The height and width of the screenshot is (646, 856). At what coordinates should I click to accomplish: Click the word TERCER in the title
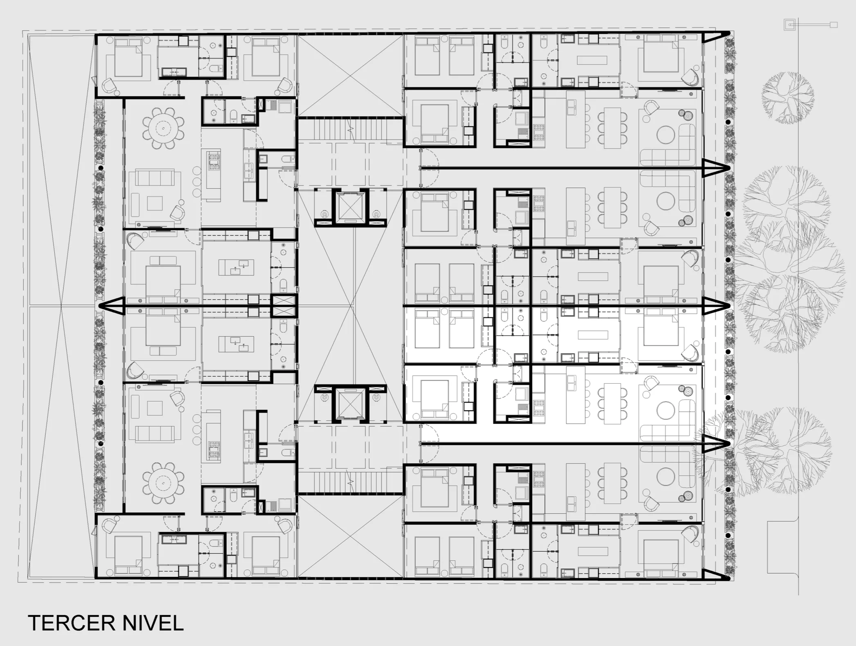71,623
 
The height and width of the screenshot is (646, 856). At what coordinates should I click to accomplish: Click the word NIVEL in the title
152,623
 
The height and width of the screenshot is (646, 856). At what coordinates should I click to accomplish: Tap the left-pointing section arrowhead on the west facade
111,306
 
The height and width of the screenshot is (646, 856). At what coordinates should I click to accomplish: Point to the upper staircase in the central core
350,129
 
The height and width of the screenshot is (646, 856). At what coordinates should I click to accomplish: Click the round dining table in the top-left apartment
164,128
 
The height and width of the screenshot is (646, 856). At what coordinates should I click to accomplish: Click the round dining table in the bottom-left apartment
164,483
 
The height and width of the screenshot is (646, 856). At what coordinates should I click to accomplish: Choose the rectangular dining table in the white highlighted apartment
612,403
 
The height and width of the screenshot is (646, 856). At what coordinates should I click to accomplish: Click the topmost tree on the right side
787,98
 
